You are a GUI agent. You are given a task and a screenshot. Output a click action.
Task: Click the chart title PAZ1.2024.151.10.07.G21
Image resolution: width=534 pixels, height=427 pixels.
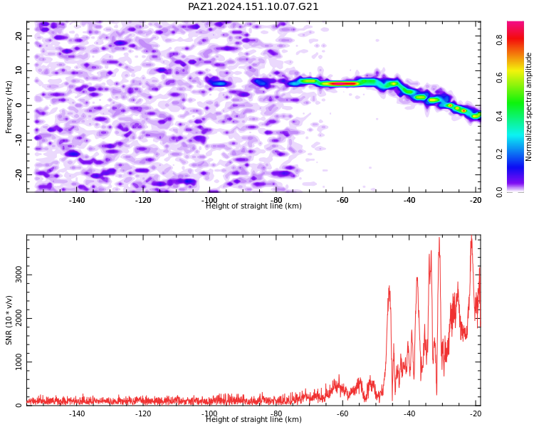(253, 6)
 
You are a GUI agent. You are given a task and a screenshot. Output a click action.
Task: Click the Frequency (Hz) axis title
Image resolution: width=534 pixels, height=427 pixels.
(9, 107)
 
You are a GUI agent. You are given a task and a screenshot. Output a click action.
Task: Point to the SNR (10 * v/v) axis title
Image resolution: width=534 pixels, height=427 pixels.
(9, 320)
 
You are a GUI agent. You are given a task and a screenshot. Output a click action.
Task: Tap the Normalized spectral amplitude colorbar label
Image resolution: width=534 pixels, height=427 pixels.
(528, 107)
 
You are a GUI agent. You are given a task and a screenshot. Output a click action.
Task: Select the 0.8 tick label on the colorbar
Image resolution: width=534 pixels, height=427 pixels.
(499, 40)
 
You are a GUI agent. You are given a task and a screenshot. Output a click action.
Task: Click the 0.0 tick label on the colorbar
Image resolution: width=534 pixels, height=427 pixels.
(499, 192)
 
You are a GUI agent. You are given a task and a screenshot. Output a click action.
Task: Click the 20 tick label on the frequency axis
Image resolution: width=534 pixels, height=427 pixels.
(19, 36)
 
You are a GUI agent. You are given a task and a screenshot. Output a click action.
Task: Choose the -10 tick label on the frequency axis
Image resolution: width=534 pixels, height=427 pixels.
(19, 139)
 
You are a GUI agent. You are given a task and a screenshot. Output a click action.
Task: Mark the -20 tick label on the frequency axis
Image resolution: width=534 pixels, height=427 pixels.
(19, 174)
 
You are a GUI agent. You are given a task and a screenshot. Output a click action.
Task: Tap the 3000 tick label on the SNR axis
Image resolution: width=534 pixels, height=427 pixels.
(19, 275)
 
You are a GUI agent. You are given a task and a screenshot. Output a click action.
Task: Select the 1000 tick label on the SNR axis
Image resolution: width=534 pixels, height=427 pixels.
(19, 362)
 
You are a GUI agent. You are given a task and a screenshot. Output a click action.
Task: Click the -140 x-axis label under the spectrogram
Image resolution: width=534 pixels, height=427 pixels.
(77, 200)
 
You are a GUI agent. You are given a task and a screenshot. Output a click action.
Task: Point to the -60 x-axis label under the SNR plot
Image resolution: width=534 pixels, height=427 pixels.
(342, 413)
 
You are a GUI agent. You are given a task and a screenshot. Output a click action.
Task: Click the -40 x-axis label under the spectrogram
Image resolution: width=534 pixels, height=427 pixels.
(409, 200)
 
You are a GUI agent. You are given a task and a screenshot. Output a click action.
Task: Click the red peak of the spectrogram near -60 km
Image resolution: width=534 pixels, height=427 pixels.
(343, 83)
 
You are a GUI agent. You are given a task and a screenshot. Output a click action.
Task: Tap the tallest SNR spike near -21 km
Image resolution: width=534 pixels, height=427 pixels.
(471, 236)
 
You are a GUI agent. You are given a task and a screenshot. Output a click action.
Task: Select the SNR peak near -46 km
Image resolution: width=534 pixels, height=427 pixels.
(389, 287)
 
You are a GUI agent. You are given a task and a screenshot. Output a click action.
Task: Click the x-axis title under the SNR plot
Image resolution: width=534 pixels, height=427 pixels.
(253, 419)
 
